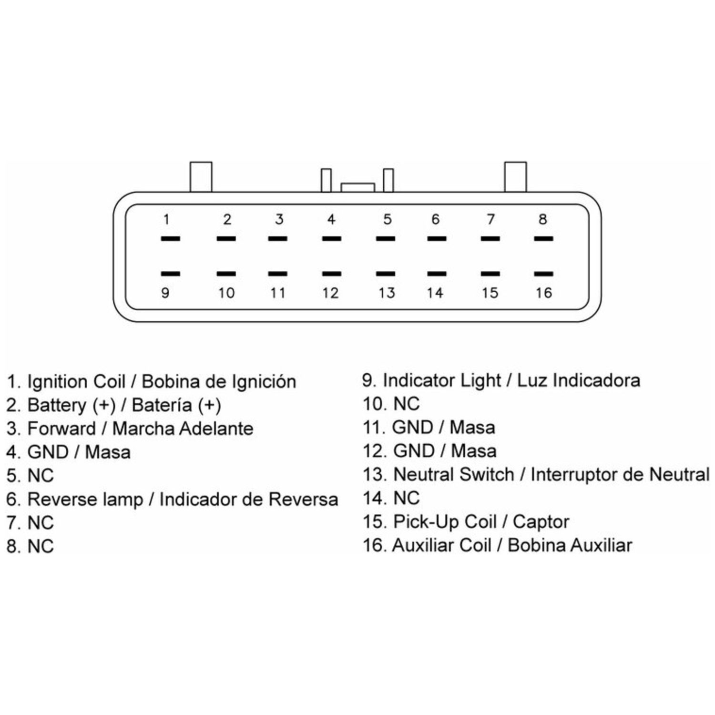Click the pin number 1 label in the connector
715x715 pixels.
coord(166,219)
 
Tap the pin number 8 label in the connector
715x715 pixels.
coord(542,219)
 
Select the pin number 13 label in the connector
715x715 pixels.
coord(387,292)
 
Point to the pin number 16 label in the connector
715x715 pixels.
coord(543,292)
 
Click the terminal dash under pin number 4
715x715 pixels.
coord(331,238)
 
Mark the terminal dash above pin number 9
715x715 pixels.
coord(170,274)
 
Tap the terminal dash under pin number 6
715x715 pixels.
coord(437,238)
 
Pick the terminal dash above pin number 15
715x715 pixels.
coord(490,274)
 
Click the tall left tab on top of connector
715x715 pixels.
coord(201,177)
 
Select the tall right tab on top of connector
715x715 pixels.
coord(515,177)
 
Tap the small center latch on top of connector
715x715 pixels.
coord(357,187)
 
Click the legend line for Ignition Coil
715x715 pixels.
coord(152,382)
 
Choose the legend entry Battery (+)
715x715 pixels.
coord(114,405)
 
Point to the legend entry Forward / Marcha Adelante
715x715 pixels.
coord(130,429)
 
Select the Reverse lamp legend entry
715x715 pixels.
coord(173,500)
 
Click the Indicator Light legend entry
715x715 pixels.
coord(501,380)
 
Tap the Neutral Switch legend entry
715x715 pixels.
coord(536,475)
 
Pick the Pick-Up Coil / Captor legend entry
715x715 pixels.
coord(466,522)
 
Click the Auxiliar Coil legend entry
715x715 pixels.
coord(497,545)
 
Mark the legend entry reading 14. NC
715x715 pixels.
coord(391,499)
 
